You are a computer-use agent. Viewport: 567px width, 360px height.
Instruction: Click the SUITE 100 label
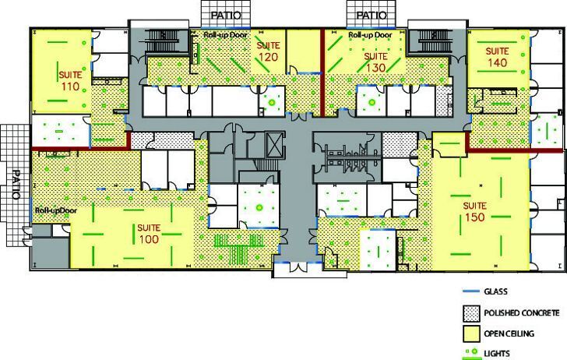click(149, 233)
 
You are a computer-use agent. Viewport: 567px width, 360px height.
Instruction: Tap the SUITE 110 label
click(70, 81)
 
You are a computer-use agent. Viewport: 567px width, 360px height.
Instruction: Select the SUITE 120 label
click(268, 51)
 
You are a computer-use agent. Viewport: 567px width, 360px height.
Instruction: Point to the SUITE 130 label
click(376, 62)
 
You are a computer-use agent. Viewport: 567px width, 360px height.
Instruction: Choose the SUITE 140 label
click(497, 57)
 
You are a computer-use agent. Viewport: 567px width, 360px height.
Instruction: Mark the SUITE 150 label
click(475, 212)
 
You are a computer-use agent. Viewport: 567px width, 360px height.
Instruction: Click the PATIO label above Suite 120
click(226, 16)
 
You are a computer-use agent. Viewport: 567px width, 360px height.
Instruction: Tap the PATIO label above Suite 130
click(372, 16)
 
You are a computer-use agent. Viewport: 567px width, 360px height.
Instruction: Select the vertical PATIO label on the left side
click(16, 184)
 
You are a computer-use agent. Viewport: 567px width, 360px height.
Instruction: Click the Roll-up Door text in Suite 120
click(226, 35)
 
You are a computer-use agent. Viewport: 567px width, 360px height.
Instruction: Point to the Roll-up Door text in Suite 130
click(370, 35)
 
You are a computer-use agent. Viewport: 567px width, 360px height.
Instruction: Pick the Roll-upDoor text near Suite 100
click(56, 210)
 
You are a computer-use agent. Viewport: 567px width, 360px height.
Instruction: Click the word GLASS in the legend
click(495, 291)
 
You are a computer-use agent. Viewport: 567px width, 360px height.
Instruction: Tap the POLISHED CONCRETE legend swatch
click(471, 314)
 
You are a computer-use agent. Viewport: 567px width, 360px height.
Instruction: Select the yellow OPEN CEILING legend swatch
click(471, 334)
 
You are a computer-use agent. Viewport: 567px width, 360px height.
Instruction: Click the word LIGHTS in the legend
click(497, 353)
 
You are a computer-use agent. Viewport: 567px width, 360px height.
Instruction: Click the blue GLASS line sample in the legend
click(470, 291)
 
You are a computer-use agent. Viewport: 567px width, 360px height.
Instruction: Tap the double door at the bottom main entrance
click(298, 267)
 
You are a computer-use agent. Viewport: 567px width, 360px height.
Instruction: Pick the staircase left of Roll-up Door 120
click(163, 41)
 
